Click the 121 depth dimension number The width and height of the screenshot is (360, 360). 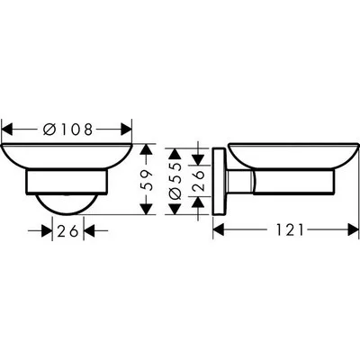pos(285,231)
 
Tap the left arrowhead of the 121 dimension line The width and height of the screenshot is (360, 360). pos(217,231)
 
